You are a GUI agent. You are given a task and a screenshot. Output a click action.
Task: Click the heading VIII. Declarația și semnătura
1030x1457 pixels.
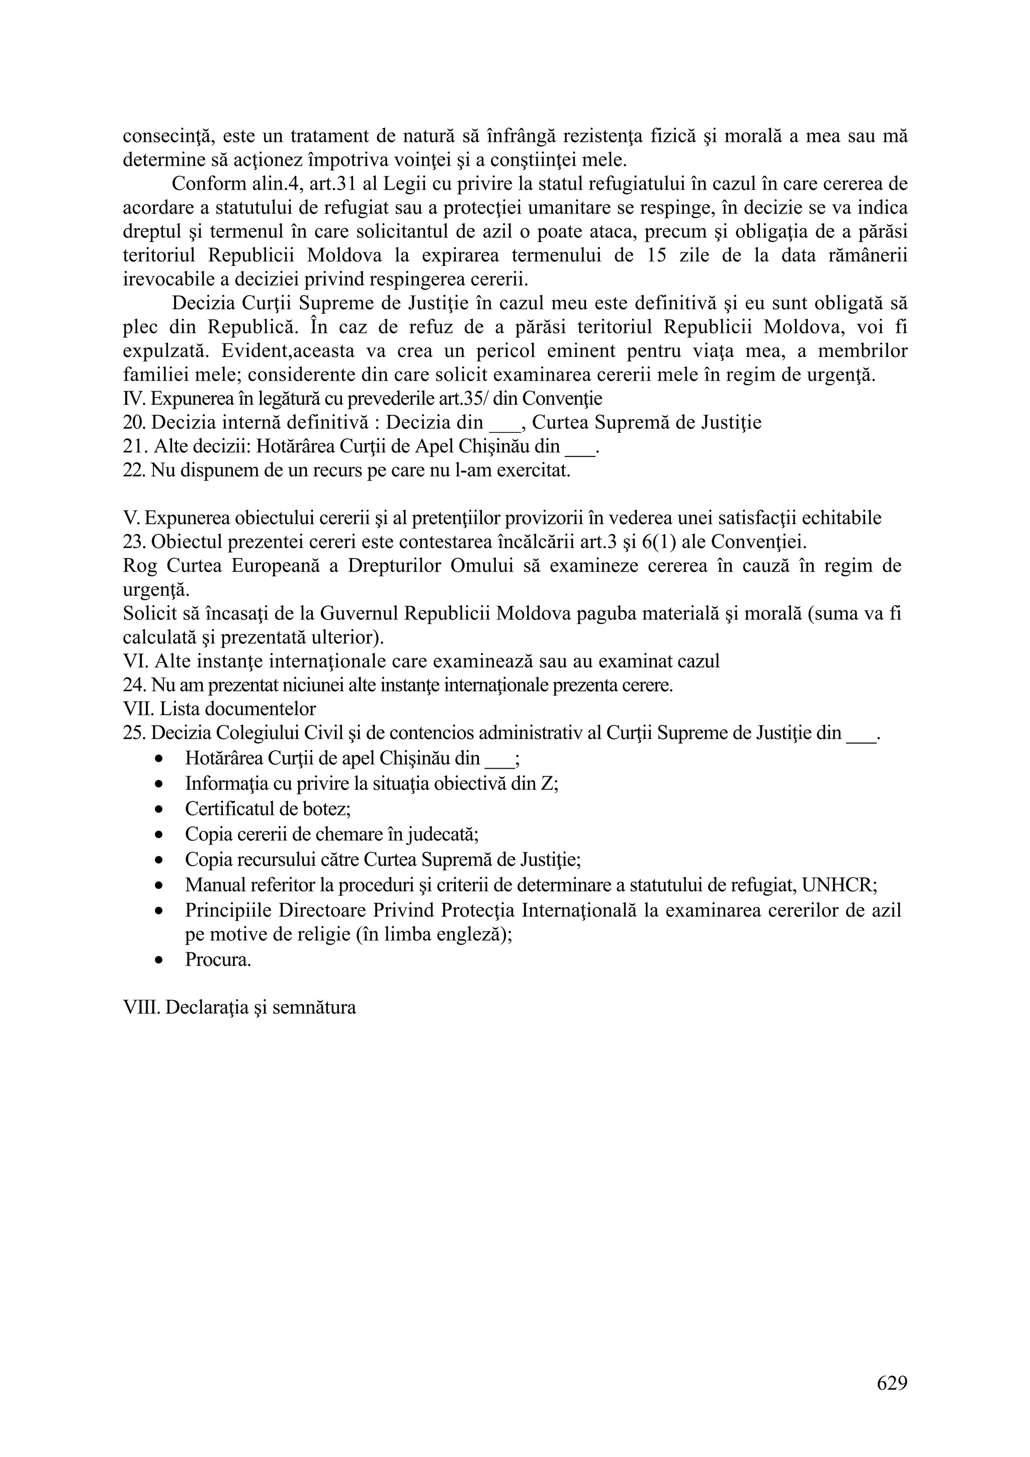click(x=239, y=1008)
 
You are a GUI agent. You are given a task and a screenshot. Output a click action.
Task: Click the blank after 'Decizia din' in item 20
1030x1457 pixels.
click(x=504, y=423)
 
